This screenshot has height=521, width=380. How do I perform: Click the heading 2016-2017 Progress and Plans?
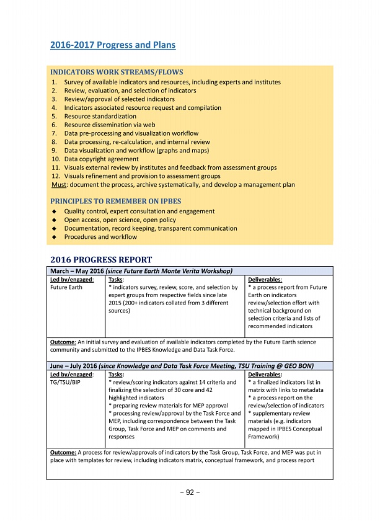tap(112, 45)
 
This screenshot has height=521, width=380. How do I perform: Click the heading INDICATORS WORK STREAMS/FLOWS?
tap(116, 73)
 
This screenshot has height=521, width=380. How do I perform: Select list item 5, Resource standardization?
tap(100, 116)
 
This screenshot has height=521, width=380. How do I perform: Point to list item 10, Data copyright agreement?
tap(101, 159)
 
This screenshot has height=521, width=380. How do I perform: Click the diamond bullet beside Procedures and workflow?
tap(55, 237)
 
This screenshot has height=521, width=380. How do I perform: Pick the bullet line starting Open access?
tap(120, 220)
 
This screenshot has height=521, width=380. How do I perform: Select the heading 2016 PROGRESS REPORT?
tap(100, 259)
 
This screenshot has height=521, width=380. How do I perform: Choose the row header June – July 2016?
tap(71, 367)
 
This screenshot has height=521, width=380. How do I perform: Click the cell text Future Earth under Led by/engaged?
tap(66, 288)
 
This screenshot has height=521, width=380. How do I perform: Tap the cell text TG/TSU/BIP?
tap(65, 383)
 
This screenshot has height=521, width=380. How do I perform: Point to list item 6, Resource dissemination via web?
tap(111, 125)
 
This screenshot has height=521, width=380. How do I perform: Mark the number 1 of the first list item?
tap(54, 82)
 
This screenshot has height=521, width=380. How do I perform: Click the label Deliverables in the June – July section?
tap(265, 375)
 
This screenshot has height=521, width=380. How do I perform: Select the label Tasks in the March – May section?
tap(116, 280)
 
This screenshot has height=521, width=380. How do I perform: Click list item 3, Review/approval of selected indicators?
tap(119, 99)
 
